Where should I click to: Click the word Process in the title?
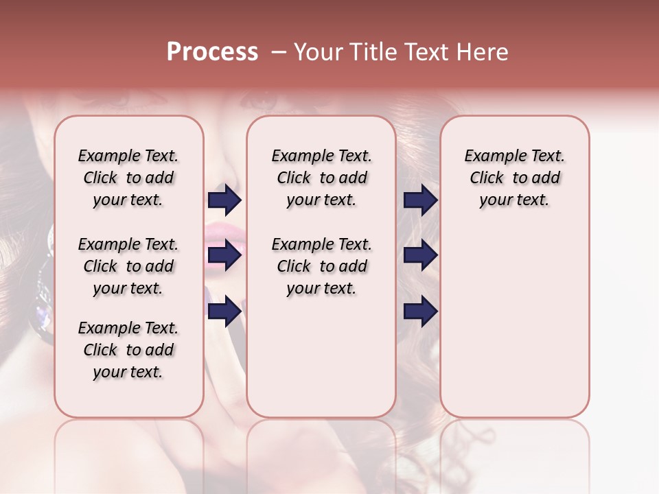coord(212,52)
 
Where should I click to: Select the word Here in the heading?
coord(483,52)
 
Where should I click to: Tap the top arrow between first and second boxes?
coord(224,200)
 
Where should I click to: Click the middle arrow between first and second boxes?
coord(224,255)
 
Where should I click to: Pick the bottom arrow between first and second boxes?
coord(224,311)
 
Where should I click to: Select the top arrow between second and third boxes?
coord(420,200)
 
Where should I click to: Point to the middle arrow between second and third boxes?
coord(420,255)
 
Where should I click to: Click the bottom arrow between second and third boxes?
coord(420,311)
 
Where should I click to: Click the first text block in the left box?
coord(128,178)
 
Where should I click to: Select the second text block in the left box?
coord(128,266)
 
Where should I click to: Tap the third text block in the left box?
coord(128,350)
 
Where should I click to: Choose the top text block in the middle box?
coord(322,178)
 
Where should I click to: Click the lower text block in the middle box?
coord(322,266)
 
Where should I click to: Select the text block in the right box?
coord(515,178)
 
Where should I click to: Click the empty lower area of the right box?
coord(515,316)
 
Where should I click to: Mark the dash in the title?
coord(279,52)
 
